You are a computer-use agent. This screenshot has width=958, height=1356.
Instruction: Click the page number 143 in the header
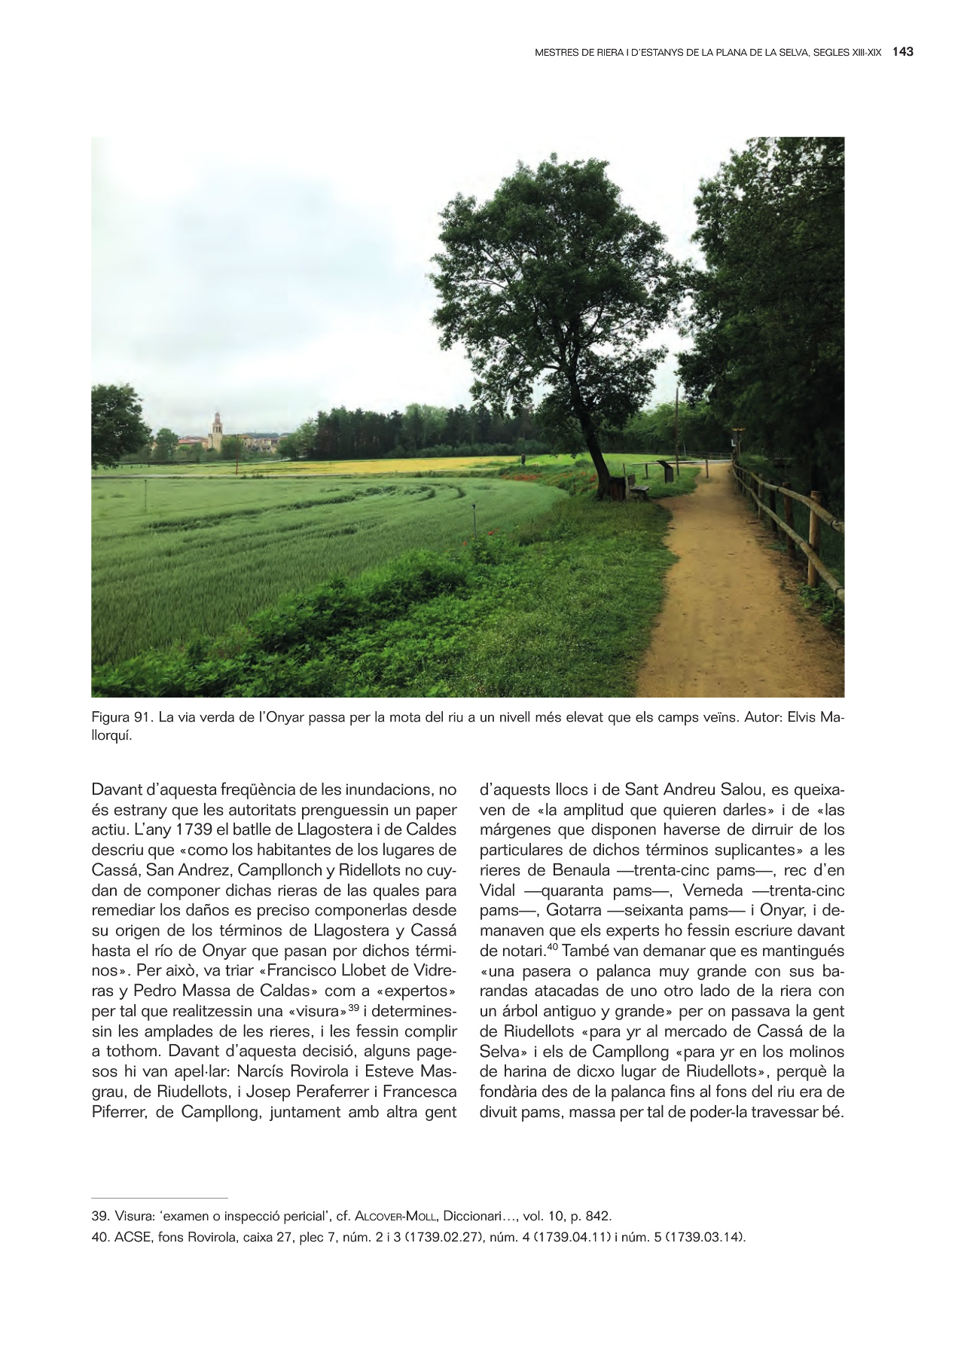[x=902, y=52]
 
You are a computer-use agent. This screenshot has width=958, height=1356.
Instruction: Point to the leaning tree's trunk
[x=595, y=452]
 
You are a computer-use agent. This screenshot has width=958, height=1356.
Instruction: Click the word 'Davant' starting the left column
[x=116, y=790]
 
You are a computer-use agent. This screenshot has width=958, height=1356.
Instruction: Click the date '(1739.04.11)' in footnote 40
[x=575, y=1236]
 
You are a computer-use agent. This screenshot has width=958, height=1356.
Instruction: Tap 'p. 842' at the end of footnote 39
[x=593, y=1216]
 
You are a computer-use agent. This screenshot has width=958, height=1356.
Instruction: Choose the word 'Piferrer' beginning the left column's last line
[x=118, y=1112]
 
